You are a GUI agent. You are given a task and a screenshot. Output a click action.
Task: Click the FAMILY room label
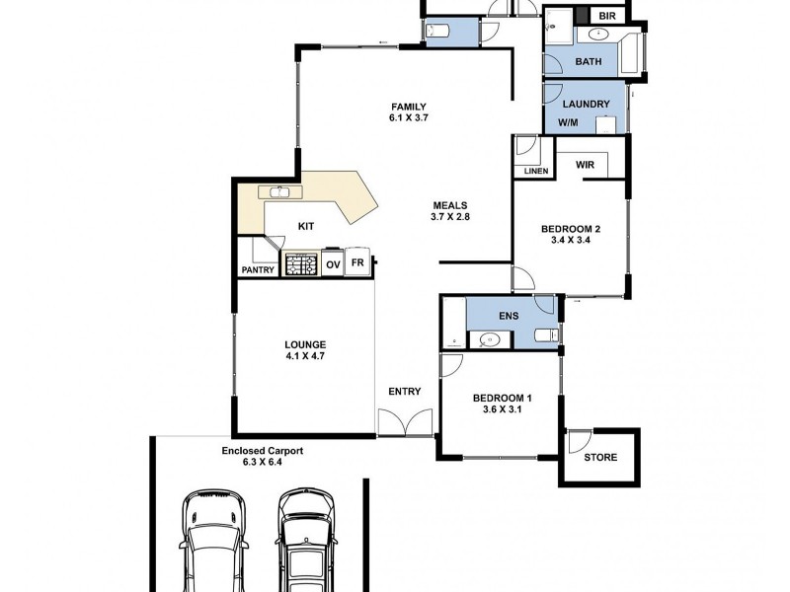point(409,107)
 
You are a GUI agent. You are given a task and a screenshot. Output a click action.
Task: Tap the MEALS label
point(450,205)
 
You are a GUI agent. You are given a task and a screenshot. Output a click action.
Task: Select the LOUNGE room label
point(305,344)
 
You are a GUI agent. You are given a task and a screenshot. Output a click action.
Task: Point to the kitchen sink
point(280,192)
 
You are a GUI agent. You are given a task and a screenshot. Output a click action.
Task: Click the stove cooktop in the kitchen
point(301,263)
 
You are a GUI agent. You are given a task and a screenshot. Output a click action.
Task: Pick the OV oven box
point(333,264)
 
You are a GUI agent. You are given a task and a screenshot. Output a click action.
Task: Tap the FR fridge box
point(357,262)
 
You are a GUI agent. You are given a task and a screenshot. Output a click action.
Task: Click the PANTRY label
point(258,270)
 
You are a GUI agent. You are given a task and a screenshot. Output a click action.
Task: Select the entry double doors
point(405,422)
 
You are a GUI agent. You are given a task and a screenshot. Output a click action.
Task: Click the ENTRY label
point(405,392)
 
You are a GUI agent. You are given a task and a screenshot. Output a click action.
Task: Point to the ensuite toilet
point(547,334)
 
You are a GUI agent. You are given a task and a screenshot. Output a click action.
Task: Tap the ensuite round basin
point(489,339)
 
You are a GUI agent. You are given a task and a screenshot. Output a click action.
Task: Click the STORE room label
point(600,457)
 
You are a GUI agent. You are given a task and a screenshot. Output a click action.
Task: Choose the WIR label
point(585,165)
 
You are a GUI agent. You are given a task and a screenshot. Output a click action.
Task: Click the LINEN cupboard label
point(536,171)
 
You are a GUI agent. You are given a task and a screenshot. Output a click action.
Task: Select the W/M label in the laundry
point(569,122)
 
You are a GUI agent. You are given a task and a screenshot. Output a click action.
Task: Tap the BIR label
point(607,16)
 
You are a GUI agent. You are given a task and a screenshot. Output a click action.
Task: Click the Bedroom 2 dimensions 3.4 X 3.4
point(571,240)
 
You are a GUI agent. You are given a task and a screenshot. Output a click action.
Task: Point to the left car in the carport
point(214,540)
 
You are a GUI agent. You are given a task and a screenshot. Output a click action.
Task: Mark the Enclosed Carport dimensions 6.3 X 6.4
point(262,462)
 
